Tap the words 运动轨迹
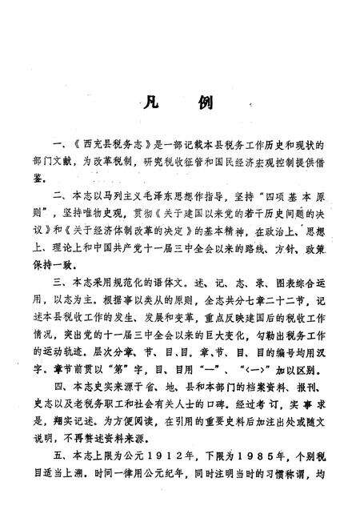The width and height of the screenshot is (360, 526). [89, 326]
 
